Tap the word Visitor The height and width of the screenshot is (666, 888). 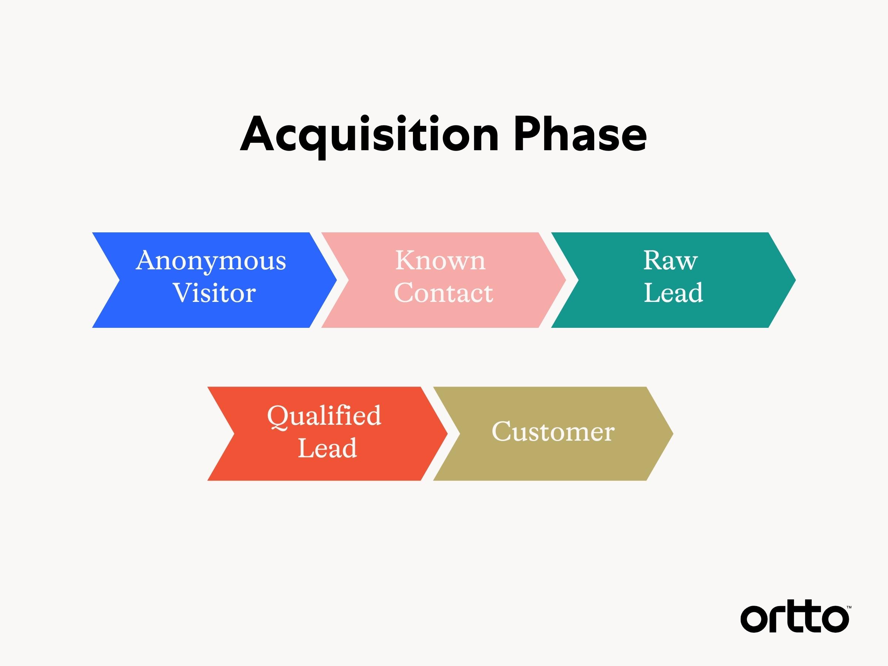coord(214,293)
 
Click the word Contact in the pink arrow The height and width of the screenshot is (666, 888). coord(444,293)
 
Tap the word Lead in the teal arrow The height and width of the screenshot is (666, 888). coord(673,292)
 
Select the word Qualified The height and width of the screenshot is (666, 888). coord(324,417)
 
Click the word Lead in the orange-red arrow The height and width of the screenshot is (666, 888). coord(327,448)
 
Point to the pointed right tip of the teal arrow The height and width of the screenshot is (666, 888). coord(795,280)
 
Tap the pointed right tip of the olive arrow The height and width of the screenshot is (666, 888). coord(673,434)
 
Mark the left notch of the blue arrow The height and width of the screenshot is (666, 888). coord(119,280)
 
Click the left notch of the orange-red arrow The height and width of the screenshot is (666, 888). coord(234,434)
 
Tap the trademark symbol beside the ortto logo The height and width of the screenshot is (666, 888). coord(849,608)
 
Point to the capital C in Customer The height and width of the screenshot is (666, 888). coord(502,431)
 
